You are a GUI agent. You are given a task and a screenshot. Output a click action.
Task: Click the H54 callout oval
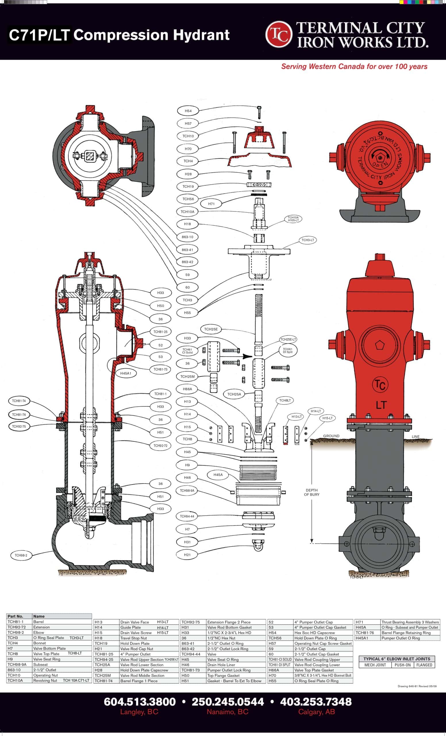(x=188, y=111)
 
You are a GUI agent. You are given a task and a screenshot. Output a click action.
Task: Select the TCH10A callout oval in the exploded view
(x=187, y=212)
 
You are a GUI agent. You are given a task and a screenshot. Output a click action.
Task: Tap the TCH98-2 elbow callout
(x=21, y=555)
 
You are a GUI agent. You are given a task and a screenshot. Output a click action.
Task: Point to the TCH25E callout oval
(x=211, y=329)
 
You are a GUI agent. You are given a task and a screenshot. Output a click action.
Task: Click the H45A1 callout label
(x=126, y=373)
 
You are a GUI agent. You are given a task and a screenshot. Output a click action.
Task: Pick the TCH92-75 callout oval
(x=19, y=426)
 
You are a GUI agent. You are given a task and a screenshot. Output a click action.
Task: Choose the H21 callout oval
(x=187, y=555)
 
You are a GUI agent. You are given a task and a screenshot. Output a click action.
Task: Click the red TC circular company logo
(x=278, y=34)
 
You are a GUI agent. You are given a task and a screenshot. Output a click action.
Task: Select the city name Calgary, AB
(x=316, y=712)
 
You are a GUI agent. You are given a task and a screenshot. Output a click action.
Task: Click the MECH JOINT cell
(x=375, y=665)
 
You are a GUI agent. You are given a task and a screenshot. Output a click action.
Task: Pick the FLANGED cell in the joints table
(x=424, y=665)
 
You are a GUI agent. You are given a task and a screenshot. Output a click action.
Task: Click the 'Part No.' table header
(x=16, y=616)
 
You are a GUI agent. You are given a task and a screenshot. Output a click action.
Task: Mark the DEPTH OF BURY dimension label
(x=312, y=492)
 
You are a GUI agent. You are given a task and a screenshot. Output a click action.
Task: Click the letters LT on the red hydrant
(x=381, y=405)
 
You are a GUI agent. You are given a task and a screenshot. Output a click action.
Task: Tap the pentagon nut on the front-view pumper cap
(x=379, y=344)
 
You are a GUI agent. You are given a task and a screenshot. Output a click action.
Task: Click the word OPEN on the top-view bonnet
(x=380, y=164)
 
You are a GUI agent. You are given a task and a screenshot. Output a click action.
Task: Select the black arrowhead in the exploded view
(x=247, y=356)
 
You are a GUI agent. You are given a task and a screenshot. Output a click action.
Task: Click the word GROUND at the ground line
(x=331, y=436)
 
